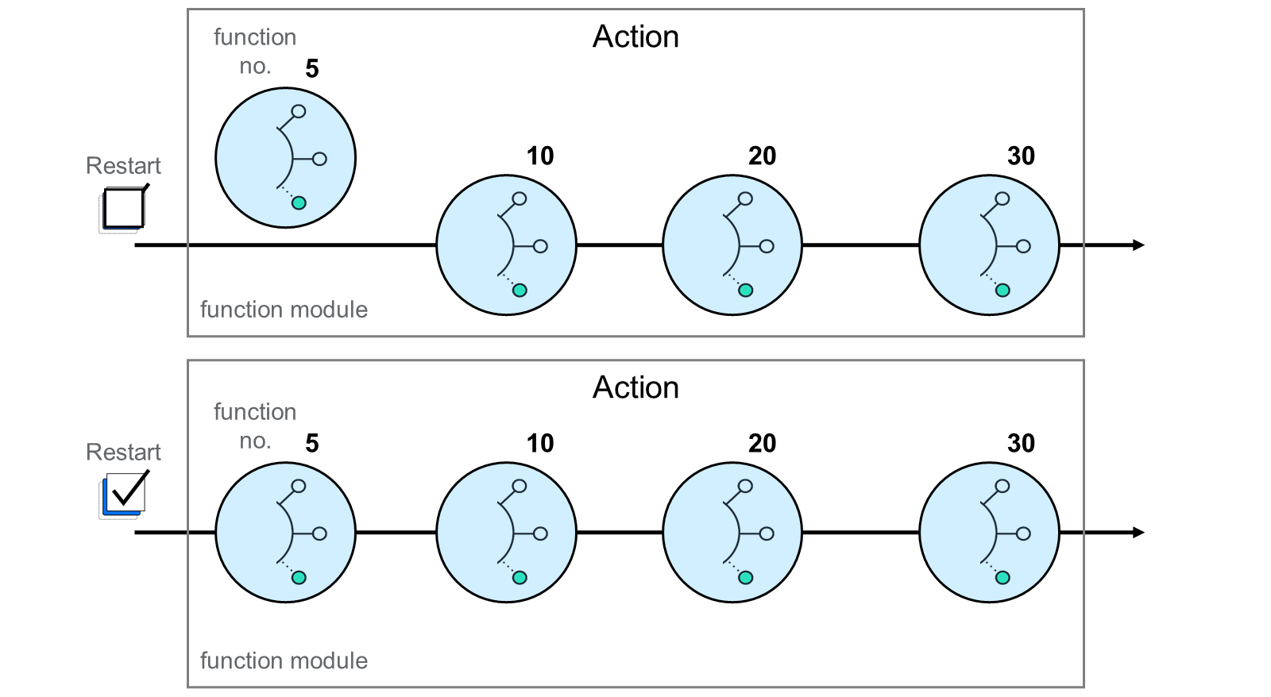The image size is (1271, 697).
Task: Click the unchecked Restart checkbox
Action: [123, 208]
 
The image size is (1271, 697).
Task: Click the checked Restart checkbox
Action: [123, 495]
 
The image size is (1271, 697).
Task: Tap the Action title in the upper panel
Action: [635, 37]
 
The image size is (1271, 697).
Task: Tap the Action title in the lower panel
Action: [635, 388]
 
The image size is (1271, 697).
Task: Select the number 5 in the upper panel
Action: [312, 68]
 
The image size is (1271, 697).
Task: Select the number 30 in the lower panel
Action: [1021, 443]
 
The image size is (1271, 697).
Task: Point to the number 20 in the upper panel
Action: [762, 156]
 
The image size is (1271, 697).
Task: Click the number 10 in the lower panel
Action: [539, 443]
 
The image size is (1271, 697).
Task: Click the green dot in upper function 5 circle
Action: [299, 203]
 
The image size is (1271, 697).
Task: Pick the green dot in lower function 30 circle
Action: [1003, 578]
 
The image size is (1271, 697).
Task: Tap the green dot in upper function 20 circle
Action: [746, 291]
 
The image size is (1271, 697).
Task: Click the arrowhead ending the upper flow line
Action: [1138, 245]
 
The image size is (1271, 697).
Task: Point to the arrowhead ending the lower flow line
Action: [1138, 533]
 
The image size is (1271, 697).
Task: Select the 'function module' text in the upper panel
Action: [284, 310]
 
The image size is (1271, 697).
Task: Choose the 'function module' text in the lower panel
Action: [284, 660]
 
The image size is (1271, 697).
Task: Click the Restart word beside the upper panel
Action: [123, 166]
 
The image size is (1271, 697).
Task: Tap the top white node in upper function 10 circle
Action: [520, 198]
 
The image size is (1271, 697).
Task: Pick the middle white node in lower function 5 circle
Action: [320, 533]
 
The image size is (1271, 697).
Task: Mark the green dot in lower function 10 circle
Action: [520, 578]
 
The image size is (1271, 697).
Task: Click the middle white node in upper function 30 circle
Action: [1024, 247]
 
